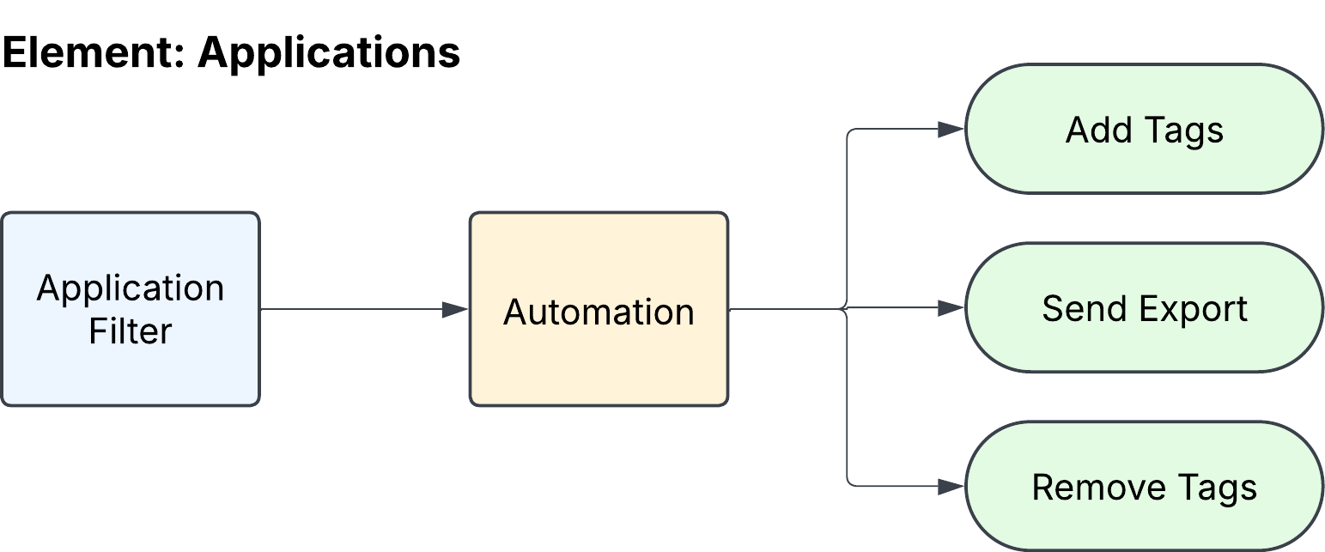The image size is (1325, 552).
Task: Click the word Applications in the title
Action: pyautogui.click(x=329, y=54)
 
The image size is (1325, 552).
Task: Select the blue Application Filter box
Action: pyautogui.click(x=131, y=309)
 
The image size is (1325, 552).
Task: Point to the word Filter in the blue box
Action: pyautogui.click(x=131, y=331)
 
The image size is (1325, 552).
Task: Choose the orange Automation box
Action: pyautogui.click(x=599, y=309)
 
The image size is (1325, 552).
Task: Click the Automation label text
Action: pyautogui.click(x=599, y=312)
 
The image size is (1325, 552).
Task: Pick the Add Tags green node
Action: pyautogui.click(x=1145, y=129)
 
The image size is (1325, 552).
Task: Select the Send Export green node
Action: pyautogui.click(x=1145, y=307)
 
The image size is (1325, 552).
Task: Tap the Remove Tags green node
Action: pyautogui.click(x=1145, y=487)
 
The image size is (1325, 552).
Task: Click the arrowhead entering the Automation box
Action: pyautogui.click(x=455, y=309)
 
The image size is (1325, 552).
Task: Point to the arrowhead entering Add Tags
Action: pyautogui.click(x=951, y=129)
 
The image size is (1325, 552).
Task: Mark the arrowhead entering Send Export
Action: pyautogui.click(x=951, y=307)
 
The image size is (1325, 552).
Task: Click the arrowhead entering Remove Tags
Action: pyautogui.click(x=951, y=487)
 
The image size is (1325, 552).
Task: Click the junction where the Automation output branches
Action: pyautogui.click(x=847, y=308)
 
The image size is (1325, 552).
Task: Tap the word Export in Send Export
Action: pyautogui.click(x=1193, y=310)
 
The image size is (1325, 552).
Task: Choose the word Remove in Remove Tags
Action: pyautogui.click(x=1098, y=488)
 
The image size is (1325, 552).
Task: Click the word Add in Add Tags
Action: pyautogui.click(x=1097, y=130)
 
